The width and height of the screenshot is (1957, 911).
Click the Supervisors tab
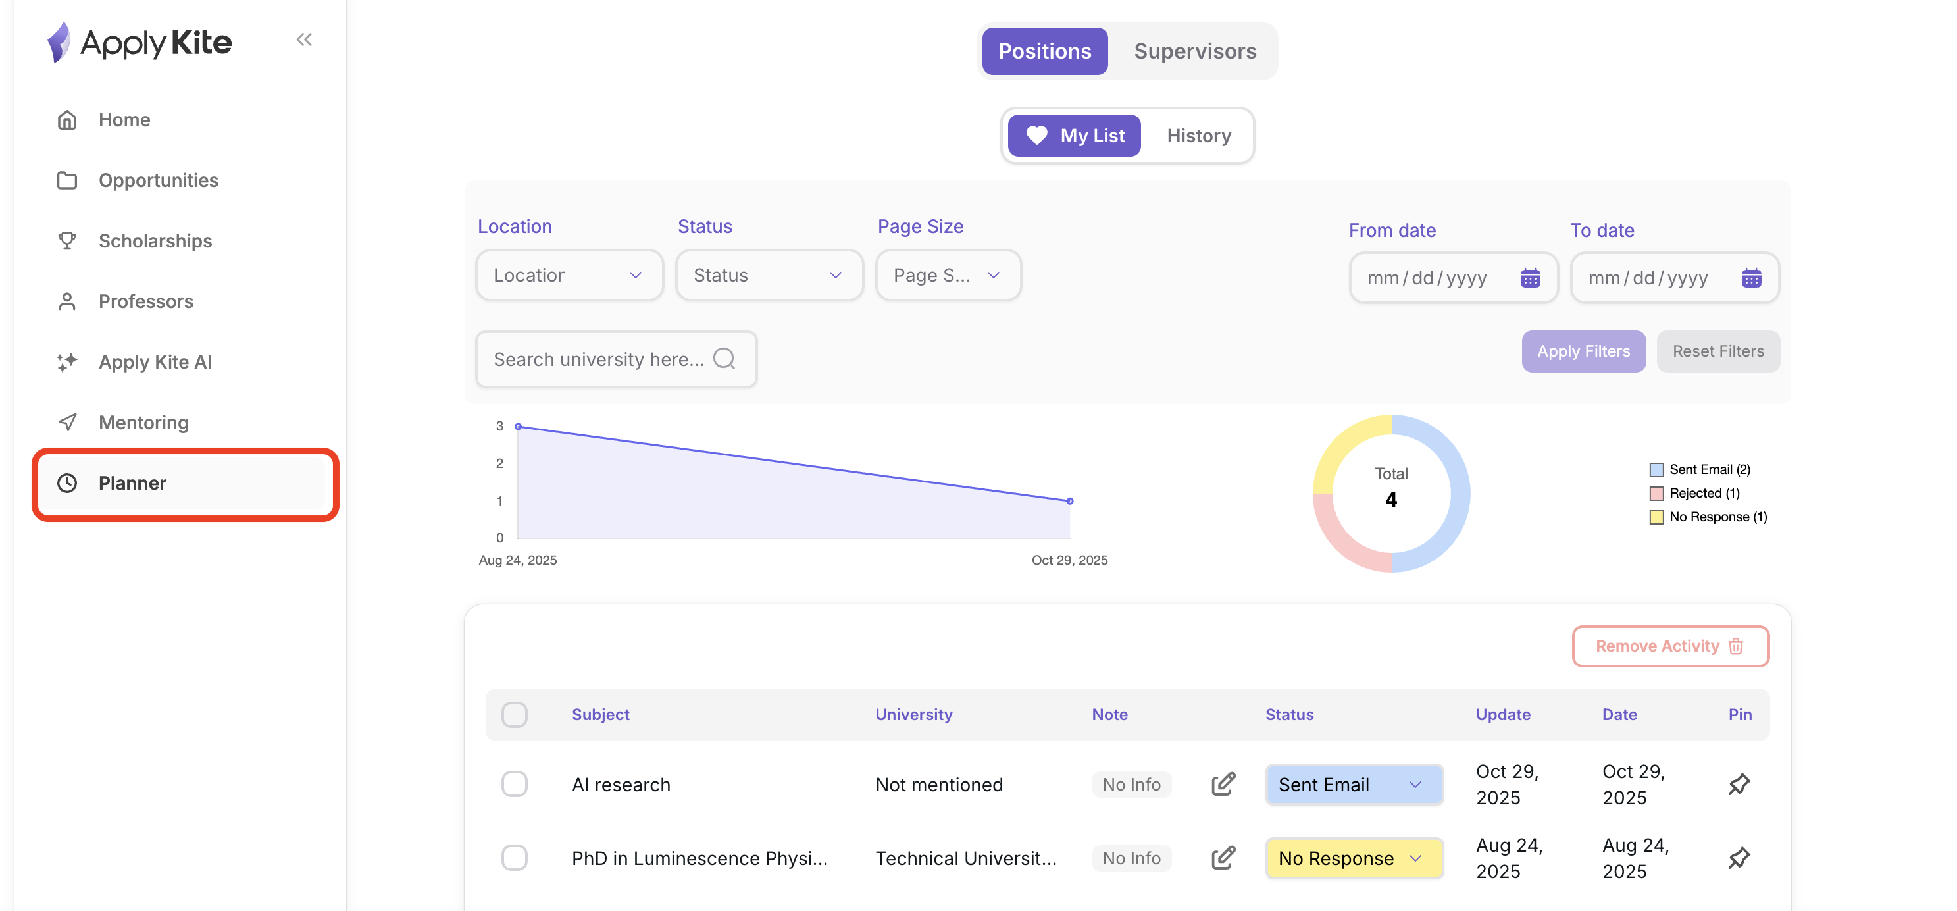1194,51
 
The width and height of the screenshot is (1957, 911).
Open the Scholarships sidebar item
155,241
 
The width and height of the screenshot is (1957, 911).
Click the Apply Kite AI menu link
155,361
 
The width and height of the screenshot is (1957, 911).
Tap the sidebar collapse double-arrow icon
304,39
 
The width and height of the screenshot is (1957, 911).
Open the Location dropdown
569,275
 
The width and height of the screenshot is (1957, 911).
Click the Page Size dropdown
947,275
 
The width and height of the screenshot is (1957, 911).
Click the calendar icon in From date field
1530,278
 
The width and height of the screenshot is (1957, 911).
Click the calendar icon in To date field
1751,278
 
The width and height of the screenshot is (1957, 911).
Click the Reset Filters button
1717,351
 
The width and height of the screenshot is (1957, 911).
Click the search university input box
600,359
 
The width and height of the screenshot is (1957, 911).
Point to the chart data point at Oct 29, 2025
1070,501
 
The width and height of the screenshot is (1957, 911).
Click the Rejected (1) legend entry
1704,493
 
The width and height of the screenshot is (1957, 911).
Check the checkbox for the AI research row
515,783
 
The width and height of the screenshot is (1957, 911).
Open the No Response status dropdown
1353,858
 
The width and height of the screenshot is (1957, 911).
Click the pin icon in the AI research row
1739,783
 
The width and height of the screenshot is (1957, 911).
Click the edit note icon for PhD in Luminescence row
1223,858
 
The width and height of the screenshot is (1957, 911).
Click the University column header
913,714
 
